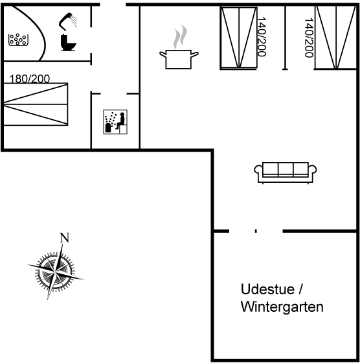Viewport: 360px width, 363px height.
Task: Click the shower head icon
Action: click(x=67, y=21)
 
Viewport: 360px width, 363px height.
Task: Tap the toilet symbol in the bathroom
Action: click(x=68, y=42)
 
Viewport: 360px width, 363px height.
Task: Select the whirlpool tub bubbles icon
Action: click(x=18, y=40)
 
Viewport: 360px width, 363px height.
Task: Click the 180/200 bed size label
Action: click(x=29, y=78)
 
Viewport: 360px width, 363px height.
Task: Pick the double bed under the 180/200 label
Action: click(x=36, y=104)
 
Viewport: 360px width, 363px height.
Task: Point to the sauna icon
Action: click(x=115, y=122)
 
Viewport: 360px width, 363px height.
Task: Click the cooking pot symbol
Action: click(x=179, y=59)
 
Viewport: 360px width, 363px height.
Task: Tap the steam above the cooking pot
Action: click(x=180, y=36)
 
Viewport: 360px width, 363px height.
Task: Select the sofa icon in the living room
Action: click(x=286, y=172)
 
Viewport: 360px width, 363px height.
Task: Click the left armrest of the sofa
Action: click(x=258, y=170)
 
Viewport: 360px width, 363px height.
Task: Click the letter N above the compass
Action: click(x=64, y=238)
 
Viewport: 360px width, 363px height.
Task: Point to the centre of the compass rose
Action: click(x=55, y=271)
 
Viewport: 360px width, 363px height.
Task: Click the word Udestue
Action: click(x=267, y=289)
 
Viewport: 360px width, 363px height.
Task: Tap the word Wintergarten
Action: click(x=282, y=307)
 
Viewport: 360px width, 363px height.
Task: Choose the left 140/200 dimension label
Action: click(x=262, y=36)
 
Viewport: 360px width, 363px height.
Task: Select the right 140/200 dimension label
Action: click(x=309, y=38)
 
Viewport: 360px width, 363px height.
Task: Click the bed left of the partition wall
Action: click(x=239, y=38)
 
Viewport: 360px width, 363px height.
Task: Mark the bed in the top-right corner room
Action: click(x=336, y=37)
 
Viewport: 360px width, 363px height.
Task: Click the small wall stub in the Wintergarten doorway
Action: click(x=256, y=231)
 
